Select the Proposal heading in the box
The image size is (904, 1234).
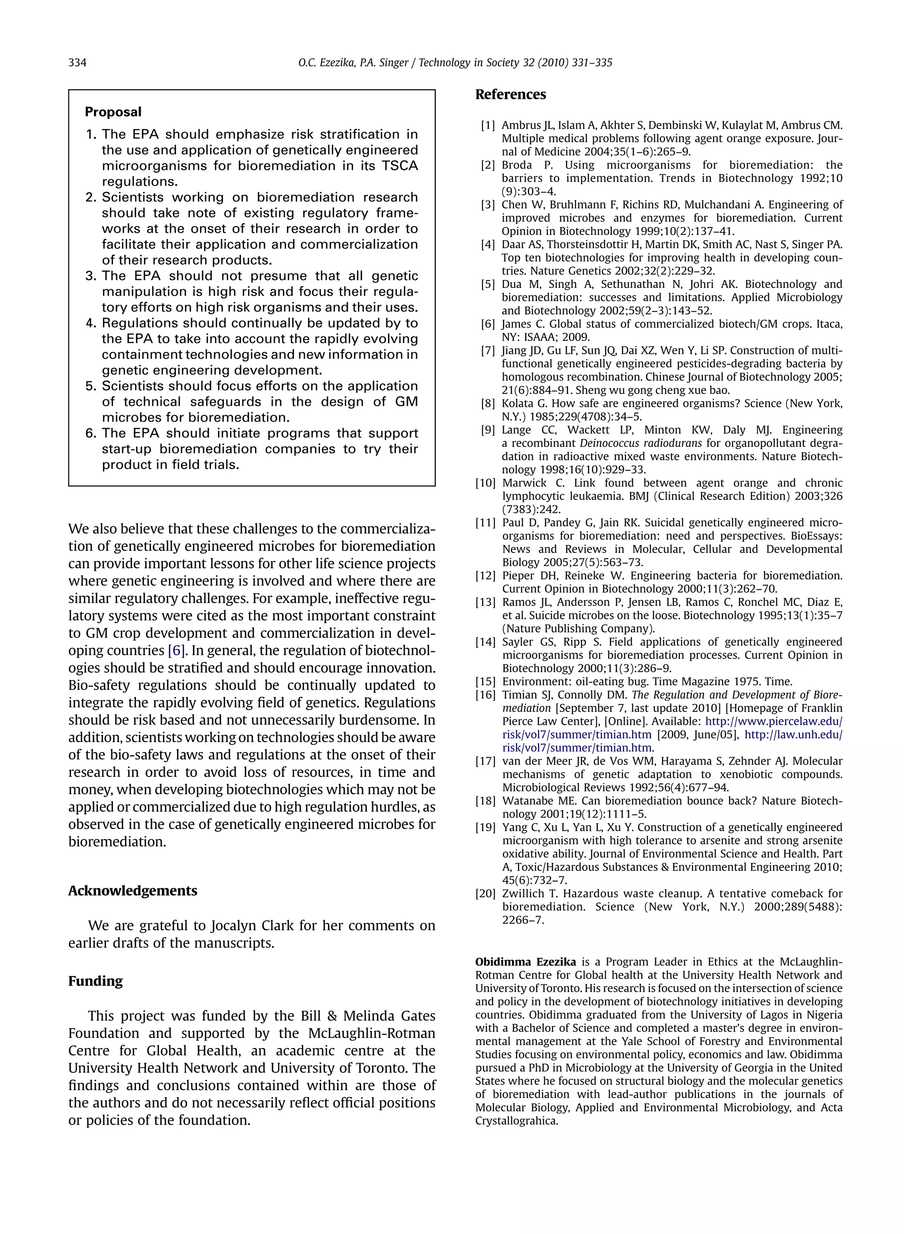113,112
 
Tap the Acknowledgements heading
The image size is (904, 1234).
132,891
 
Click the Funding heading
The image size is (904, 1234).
95,981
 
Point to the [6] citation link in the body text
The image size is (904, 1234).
177,651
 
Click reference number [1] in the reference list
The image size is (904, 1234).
488,125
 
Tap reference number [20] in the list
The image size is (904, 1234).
486,894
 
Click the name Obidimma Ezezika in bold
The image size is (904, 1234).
525,962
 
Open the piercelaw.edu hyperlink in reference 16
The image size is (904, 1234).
774,722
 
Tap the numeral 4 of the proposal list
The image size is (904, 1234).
91,324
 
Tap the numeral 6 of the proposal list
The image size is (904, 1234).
91,434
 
